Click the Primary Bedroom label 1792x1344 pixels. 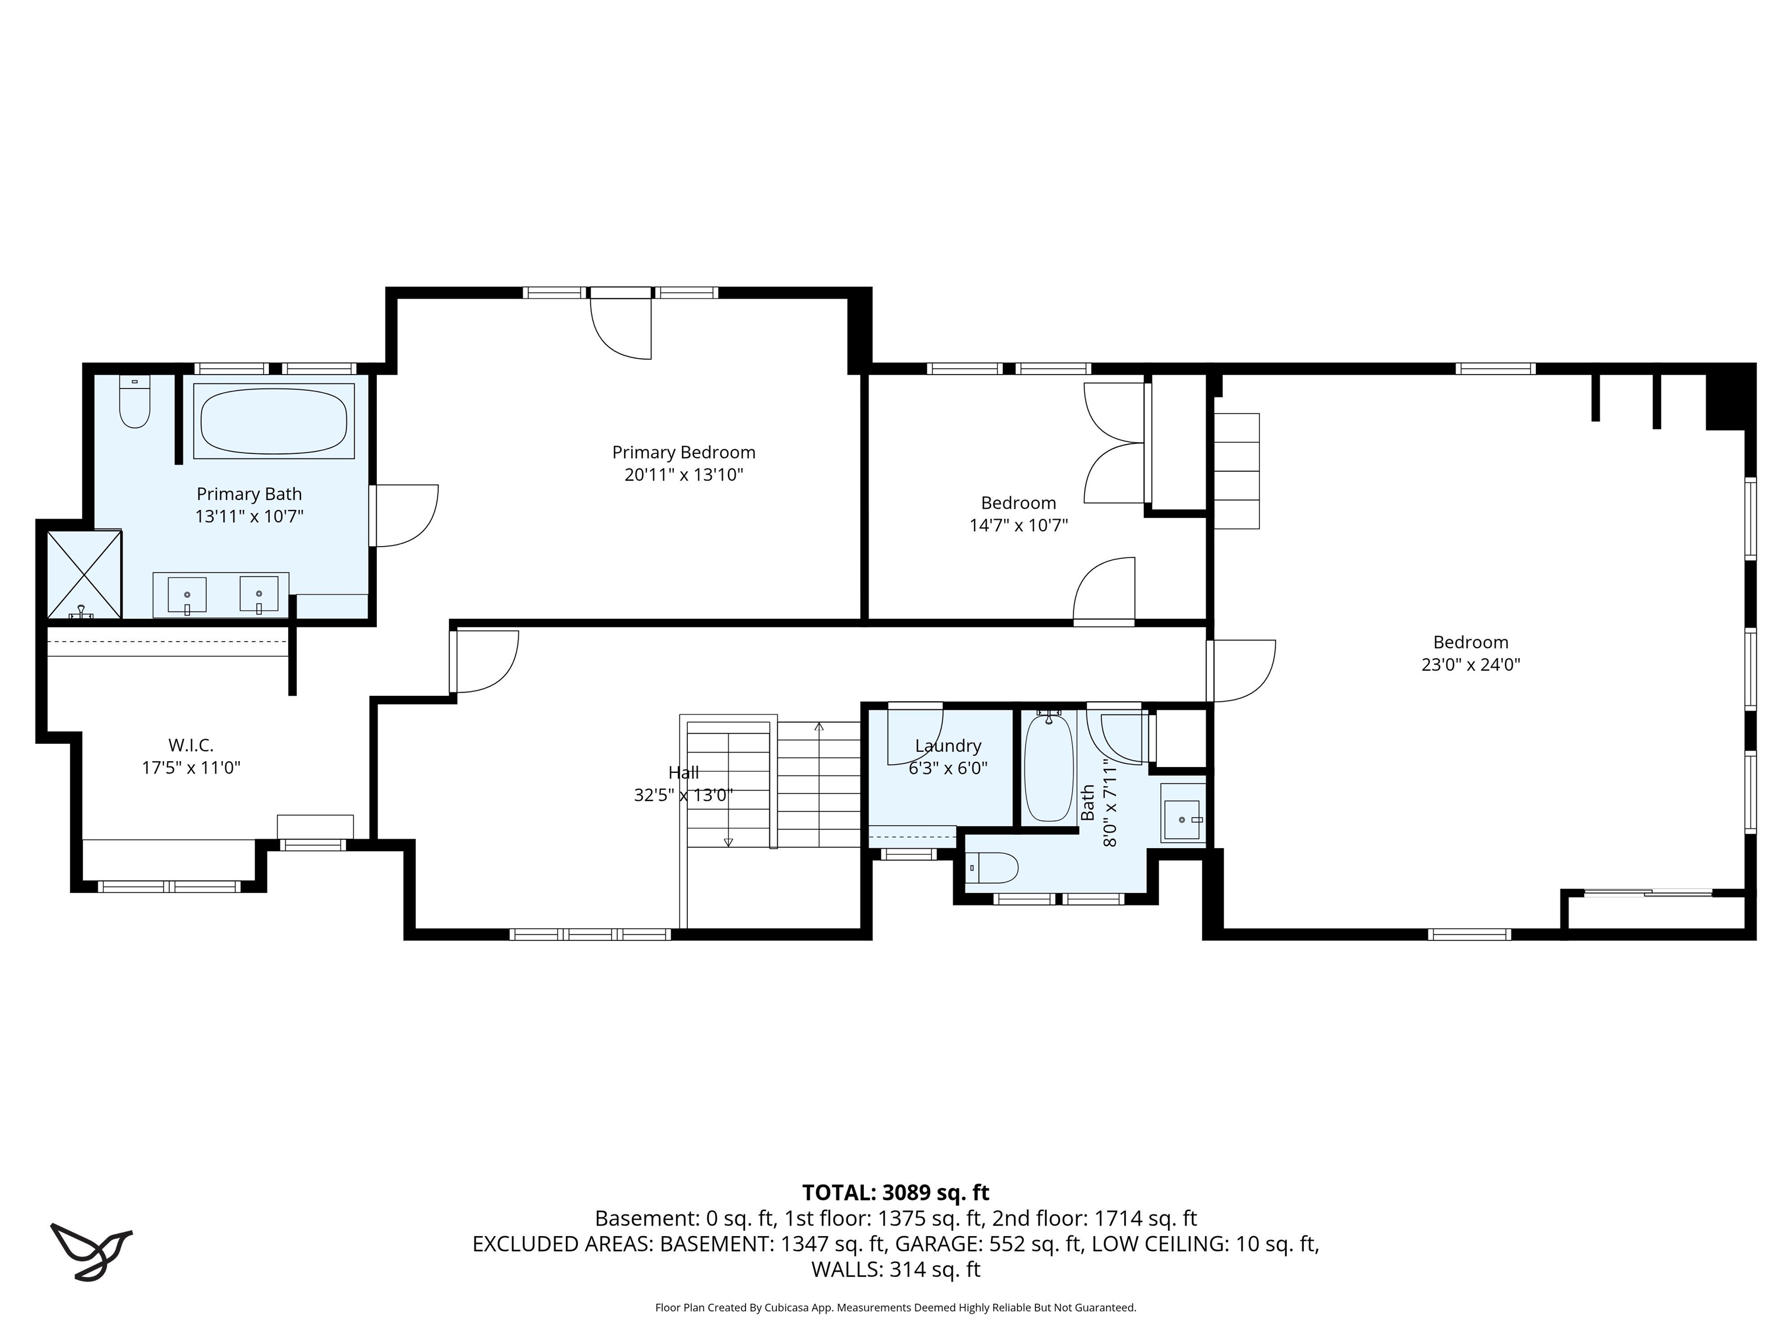click(683, 452)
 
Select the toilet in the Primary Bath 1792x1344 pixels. click(135, 402)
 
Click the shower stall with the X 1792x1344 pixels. click(83, 575)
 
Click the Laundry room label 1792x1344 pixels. click(948, 745)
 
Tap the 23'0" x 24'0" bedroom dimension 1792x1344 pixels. click(1471, 665)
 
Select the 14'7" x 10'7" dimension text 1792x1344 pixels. click(1019, 526)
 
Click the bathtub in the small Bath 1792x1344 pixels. click(1048, 768)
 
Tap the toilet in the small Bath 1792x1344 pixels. click(993, 867)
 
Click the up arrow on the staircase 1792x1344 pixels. click(819, 727)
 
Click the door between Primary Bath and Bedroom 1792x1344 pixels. click(404, 515)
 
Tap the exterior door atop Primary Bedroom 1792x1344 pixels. click(621, 327)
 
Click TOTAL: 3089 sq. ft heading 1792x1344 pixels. click(895, 1192)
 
